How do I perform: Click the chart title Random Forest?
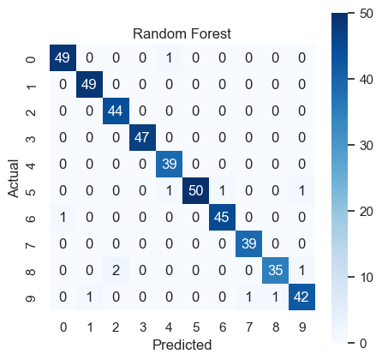182,33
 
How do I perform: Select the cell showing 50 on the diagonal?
195,190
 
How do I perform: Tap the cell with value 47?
142,137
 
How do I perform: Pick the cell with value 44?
116,111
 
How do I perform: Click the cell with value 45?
222,217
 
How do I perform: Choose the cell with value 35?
275,270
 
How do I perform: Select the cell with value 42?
301,297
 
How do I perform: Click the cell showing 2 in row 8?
116,270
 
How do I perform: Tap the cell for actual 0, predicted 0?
63,57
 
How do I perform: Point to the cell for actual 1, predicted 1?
89,84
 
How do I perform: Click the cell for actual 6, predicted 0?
63,217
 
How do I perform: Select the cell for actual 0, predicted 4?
169,57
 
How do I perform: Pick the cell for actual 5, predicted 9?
301,190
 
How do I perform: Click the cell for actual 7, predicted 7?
248,243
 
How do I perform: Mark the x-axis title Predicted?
182,345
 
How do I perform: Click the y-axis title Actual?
14,178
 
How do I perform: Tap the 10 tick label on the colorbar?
367,277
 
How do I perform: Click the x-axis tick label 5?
196,327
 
